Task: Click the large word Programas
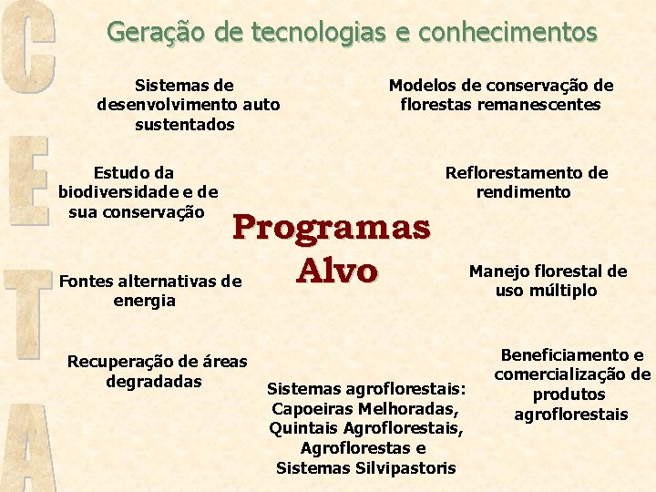pyautogui.click(x=332, y=227)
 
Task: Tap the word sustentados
pyautogui.click(x=185, y=125)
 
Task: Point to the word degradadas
pyautogui.click(x=154, y=381)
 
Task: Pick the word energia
pyautogui.click(x=144, y=301)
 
